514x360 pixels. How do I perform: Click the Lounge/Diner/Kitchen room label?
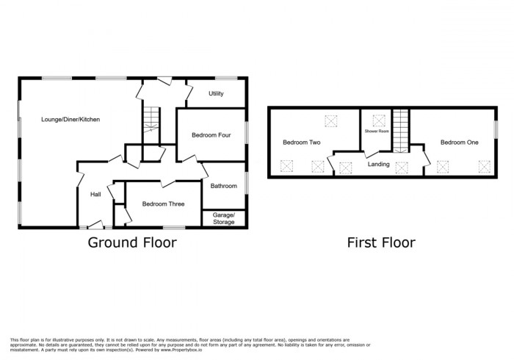(x=70, y=119)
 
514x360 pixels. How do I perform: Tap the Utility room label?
(x=216, y=93)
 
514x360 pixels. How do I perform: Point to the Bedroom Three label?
(x=163, y=204)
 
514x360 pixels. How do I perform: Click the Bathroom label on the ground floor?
(x=224, y=186)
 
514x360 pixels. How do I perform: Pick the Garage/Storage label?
(x=224, y=218)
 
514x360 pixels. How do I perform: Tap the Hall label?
(x=95, y=194)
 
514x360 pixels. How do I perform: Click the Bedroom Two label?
(x=301, y=143)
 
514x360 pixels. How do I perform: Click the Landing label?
(x=379, y=164)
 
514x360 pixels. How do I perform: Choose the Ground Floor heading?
(x=132, y=242)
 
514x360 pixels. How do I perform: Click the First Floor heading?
(x=381, y=242)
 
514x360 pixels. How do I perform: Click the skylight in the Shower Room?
(x=380, y=118)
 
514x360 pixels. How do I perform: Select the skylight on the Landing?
(x=402, y=168)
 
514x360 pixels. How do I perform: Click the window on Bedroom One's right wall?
(x=496, y=127)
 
